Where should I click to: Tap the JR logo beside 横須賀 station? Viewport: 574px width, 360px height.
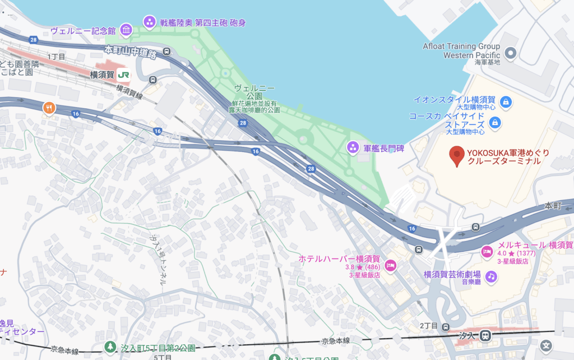click(124, 74)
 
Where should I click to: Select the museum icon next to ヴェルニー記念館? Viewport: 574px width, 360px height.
click(126, 30)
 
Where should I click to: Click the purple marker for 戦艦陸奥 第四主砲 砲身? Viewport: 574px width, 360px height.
click(150, 22)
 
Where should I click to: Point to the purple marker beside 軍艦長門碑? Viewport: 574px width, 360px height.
click(353, 148)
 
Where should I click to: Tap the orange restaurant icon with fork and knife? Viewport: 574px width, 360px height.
click(50, 107)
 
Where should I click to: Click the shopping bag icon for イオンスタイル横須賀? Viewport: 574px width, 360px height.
click(506, 101)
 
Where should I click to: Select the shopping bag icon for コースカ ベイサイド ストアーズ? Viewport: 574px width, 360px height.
click(495, 122)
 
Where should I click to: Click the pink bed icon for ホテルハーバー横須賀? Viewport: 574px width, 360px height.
click(391, 265)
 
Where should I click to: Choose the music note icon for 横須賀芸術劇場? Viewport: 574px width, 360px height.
click(492, 276)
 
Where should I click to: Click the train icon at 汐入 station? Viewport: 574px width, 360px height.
click(487, 335)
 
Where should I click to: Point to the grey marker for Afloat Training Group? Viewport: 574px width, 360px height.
click(510, 53)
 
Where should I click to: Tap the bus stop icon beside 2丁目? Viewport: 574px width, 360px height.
click(446, 327)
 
